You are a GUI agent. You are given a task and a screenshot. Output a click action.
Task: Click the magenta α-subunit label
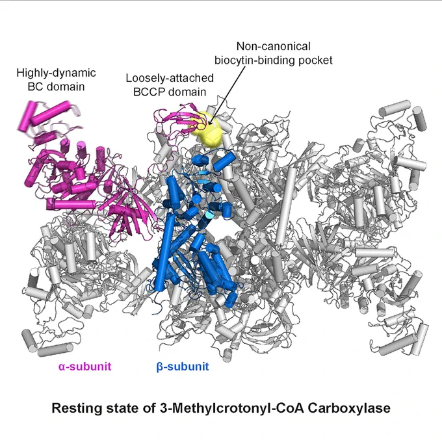click(x=85, y=367)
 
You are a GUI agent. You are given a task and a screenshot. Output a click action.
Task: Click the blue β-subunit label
click(x=183, y=367)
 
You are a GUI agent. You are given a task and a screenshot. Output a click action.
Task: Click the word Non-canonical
click(x=274, y=46)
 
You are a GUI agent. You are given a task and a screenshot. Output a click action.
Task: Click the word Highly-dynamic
click(x=56, y=73)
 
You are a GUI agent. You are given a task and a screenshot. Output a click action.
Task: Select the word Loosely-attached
click(x=170, y=78)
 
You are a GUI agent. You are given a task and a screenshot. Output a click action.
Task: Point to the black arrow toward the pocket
click(x=227, y=96)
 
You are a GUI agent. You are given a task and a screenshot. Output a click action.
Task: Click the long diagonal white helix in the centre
click(x=285, y=207)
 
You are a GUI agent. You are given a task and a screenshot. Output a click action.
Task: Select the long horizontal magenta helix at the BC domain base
click(x=71, y=204)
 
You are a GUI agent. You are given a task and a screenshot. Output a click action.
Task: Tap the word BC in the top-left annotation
click(x=36, y=86)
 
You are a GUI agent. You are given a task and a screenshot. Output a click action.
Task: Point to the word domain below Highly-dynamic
click(x=66, y=86)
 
